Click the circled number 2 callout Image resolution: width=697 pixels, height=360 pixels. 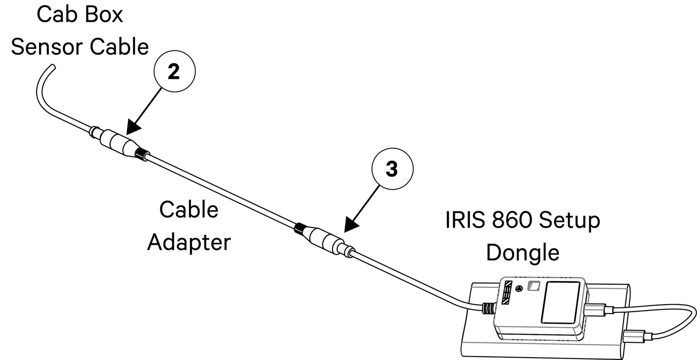(174, 73)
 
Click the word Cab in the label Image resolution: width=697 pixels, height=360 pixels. (53, 14)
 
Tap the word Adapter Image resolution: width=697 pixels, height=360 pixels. (189, 242)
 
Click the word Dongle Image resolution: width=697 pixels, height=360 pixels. (522, 253)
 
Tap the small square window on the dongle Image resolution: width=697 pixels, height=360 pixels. (533, 287)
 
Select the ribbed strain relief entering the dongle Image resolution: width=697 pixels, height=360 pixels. (487, 308)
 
